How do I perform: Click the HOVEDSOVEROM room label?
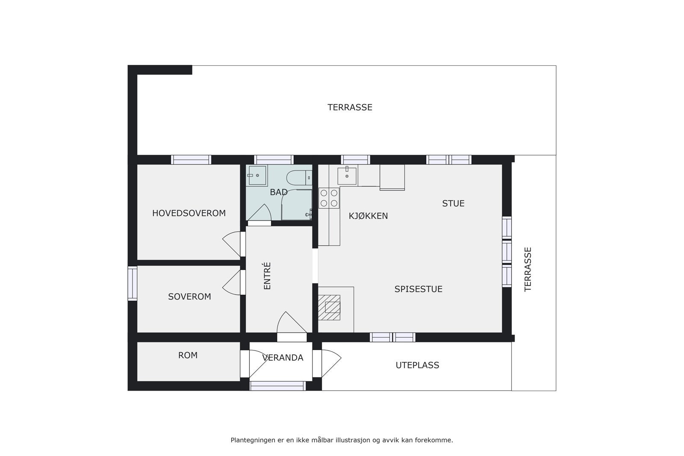(189, 213)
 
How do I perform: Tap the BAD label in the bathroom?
(278, 192)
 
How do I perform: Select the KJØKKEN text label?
(368, 216)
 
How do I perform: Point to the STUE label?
(453, 203)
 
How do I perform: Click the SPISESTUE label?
(418, 289)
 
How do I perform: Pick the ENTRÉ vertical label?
(268, 276)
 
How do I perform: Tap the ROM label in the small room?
(188, 355)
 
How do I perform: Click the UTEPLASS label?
(417, 365)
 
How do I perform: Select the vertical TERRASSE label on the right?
(528, 269)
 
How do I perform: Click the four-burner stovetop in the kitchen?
(329, 198)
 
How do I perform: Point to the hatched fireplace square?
(329, 308)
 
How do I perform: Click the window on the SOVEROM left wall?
(133, 283)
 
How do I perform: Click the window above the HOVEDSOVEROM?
(191, 160)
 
